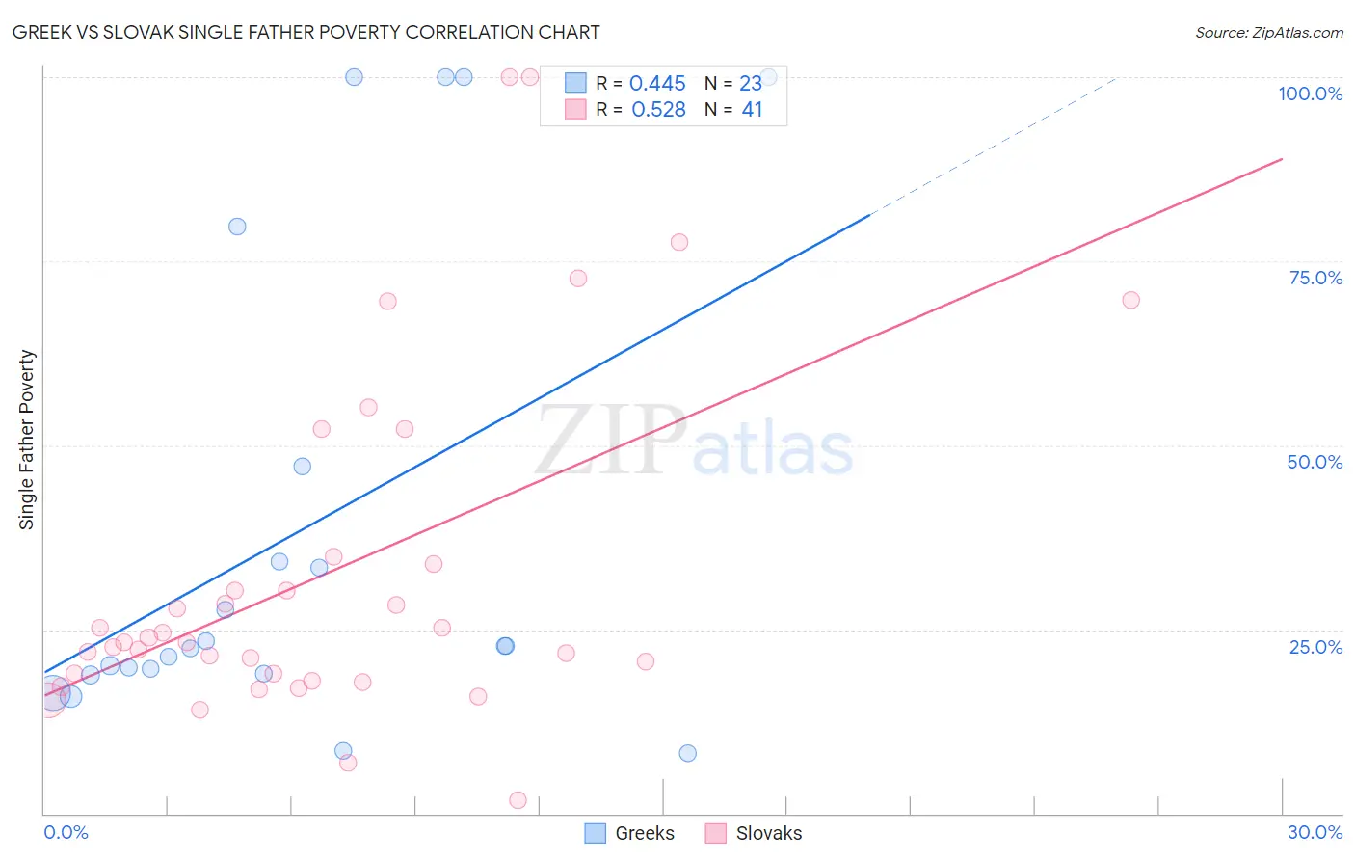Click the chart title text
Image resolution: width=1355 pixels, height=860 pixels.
click(x=306, y=32)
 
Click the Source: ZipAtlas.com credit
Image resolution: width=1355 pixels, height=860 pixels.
click(x=1268, y=32)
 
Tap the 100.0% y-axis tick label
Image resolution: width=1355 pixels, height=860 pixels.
click(x=1310, y=94)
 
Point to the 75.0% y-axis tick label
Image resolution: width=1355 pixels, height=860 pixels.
click(x=1315, y=278)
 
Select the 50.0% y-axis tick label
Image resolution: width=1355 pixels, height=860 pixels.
click(x=1314, y=462)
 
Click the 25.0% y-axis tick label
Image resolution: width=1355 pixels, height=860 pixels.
click(x=1315, y=647)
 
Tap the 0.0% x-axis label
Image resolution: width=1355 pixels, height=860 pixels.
click(x=66, y=832)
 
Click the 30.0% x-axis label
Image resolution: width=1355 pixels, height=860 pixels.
click(x=1315, y=832)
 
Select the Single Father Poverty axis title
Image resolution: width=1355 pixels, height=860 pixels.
click(x=27, y=440)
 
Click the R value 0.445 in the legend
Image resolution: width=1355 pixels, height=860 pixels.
click(x=657, y=84)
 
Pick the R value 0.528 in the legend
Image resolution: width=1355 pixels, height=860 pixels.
click(x=658, y=110)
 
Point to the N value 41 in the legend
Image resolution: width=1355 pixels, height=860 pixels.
click(x=752, y=110)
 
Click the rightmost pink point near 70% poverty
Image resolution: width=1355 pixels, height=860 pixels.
click(x=1130, y=300)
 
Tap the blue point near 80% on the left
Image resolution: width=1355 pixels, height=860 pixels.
click(x=237, y=227)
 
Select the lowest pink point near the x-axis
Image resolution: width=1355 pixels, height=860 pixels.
click(x=518, y=800)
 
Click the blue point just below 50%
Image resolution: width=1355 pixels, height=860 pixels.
click(x=302, y=467)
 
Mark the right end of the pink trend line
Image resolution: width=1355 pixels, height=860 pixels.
click(x=1282, y=158)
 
